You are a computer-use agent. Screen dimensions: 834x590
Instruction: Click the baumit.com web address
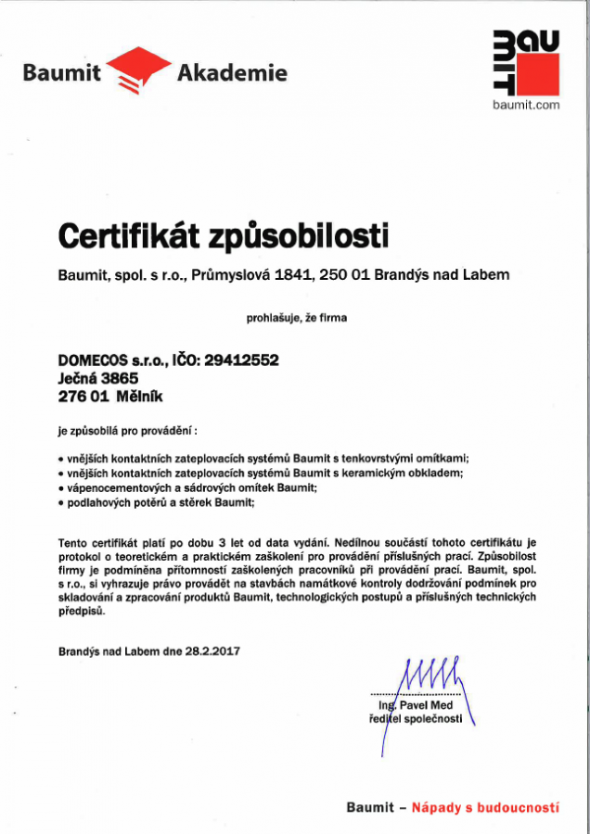(526, 105)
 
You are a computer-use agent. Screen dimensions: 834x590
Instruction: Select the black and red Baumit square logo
(526, 61)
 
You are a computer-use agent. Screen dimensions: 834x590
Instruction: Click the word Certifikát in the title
(125, 236)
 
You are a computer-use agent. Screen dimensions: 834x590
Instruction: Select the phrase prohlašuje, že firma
(295, 318)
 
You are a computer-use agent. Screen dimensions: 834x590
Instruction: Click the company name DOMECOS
(97, 360)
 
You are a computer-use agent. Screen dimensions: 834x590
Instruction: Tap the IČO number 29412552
(243, 360)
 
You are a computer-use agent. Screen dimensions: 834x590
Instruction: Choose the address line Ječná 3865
(97, 378)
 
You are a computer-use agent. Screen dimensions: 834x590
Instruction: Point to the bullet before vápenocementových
(60, 487)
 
